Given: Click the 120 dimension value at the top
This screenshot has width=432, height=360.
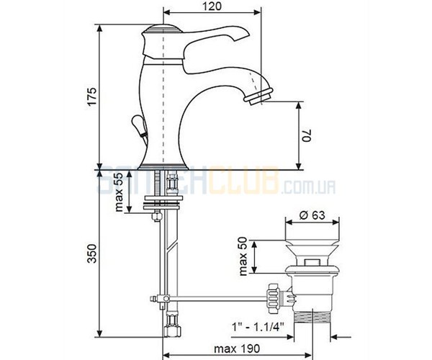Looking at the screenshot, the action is (212, 6).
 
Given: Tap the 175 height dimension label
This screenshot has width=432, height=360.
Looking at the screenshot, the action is (92, 96).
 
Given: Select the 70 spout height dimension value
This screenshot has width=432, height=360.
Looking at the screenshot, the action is (307, 135).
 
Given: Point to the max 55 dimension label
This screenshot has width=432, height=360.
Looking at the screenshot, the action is (118, 192).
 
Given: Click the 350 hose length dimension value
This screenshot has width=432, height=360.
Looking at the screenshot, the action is (92, 253).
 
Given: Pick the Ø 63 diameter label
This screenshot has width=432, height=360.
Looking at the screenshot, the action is (312, 215).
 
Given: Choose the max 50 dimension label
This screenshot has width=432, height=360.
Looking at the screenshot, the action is (244, 257).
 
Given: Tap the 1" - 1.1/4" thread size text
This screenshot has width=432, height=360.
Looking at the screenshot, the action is (258, 327).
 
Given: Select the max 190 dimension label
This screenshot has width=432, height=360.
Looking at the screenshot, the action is (237, 348).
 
